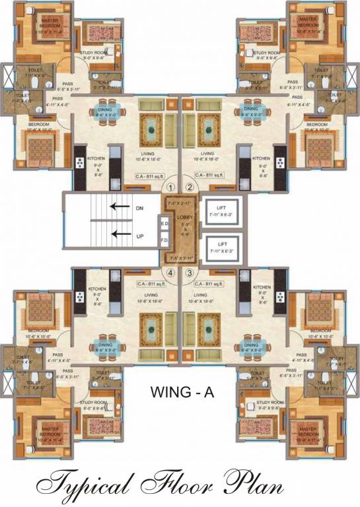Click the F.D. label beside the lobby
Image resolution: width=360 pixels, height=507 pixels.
click(164, 240)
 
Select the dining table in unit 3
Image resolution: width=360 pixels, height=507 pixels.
click(251, 346)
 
